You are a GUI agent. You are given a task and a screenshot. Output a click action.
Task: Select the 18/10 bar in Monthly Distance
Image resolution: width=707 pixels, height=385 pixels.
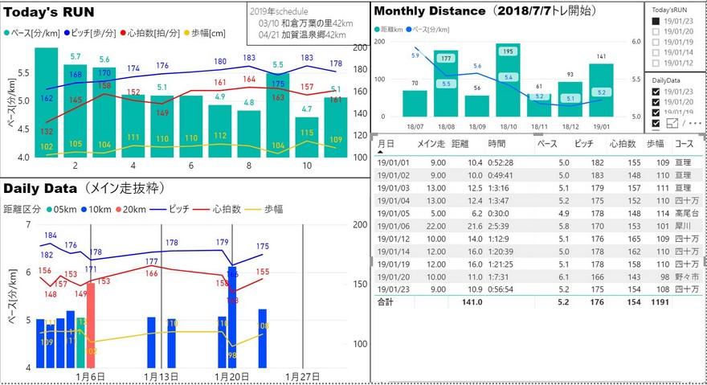(508, 88)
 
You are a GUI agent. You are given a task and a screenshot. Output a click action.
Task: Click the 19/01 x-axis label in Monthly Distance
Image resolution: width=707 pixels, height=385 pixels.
(602, 126)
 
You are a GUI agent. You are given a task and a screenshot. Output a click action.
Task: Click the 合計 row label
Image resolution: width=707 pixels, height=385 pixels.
(386, 301)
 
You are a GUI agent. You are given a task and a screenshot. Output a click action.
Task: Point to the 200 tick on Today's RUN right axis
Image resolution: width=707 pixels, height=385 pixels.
(361, 47)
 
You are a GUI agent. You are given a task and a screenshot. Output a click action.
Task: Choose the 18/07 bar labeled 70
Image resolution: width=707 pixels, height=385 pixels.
(415, 102)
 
